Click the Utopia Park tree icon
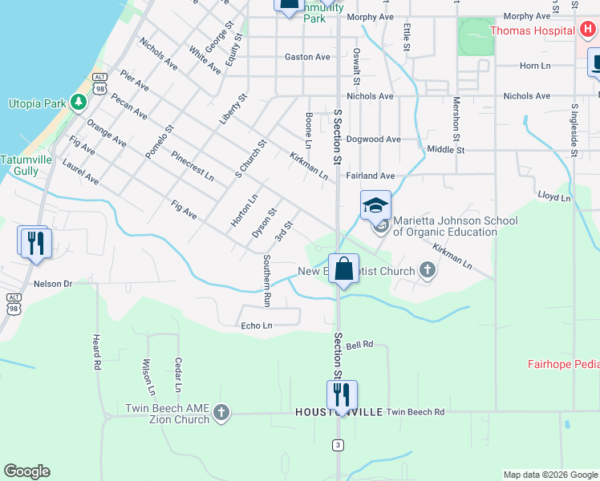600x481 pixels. [x=78, y=102]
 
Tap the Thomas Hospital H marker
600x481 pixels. [x=587, y=31]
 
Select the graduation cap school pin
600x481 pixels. [x=375, y=206]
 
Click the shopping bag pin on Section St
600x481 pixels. [x=344, y=270]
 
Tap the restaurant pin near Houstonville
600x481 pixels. [x=342, y=395]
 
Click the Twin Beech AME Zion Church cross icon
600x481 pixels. [x=221, y=414]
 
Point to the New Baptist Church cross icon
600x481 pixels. [x=427, y=271]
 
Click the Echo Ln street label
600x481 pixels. [x=257, y=325]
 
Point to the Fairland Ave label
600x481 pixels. [x=371, y=176]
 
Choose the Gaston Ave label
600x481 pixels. [x=307, y=57]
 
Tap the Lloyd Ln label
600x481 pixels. [x=554, y=197]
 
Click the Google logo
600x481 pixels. [x=26, y=471]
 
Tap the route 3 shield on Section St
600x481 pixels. [x=339, y=444]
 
